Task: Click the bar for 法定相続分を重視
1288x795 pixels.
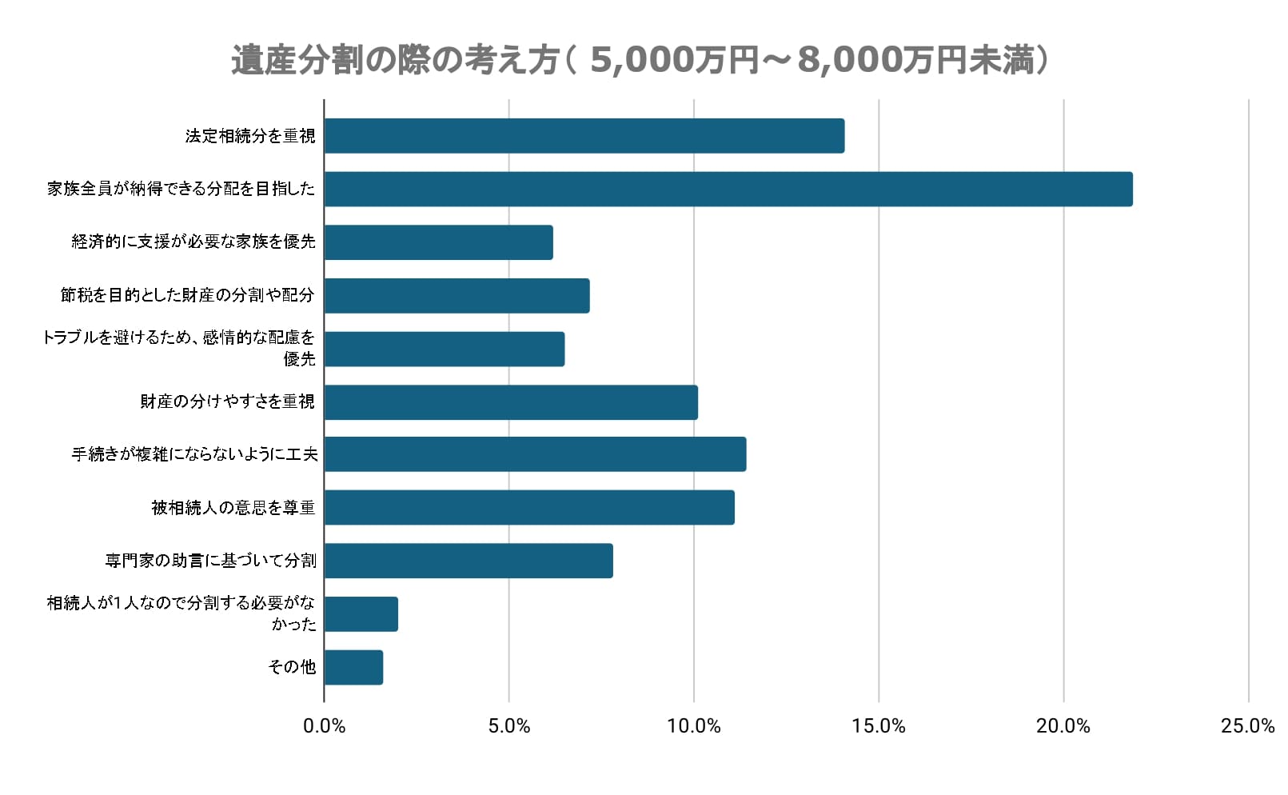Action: pos(584,136)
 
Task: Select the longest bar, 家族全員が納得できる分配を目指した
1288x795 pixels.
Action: pos(728,189)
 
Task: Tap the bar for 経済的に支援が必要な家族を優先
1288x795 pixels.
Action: pos(439,242)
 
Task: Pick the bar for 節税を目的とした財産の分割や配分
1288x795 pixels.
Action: pos(457,296)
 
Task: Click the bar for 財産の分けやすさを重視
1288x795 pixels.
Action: pos(511,402)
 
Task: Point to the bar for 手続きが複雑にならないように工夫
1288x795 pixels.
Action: pos(536,454)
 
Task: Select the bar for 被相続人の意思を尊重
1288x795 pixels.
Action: pos(529,508)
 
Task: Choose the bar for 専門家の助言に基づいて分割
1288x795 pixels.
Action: pos(469,561)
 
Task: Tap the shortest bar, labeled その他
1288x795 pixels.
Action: pos(353,667)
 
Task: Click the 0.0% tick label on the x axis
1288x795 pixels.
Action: pos(324,726)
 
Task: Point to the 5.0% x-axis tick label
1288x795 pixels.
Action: pos(509,726)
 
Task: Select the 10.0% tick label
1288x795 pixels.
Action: pos(694,726)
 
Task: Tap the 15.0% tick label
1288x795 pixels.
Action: pos(879,726)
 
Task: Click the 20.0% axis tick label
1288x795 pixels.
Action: pos(1063,726)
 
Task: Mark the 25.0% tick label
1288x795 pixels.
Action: pos(1247,726)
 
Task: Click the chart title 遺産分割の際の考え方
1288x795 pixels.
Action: pos(640,60)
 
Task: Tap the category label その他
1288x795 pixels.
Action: pos(292,667)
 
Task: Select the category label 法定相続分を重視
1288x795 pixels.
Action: pos(250,136)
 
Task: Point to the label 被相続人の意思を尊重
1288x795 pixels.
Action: pos(233,508)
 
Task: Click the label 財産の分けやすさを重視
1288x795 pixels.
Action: pos(228,401)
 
